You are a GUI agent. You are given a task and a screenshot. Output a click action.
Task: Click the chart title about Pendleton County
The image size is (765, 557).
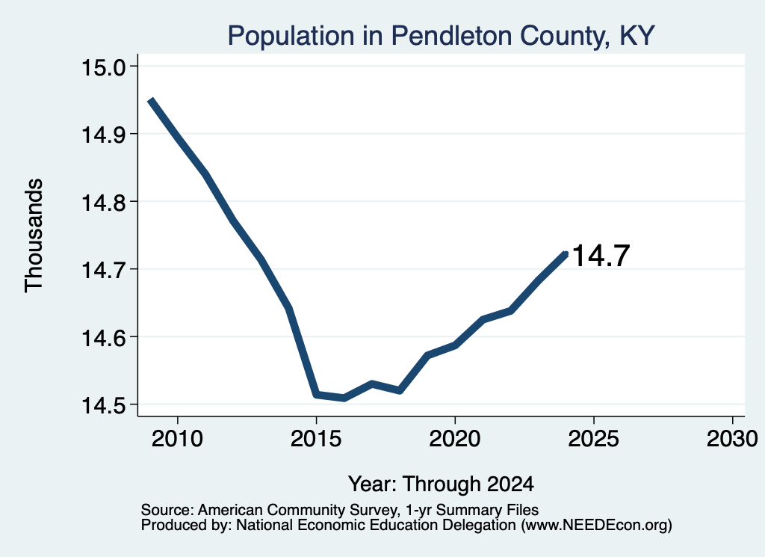441,36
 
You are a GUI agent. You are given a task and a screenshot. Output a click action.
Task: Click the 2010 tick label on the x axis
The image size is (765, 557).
177,439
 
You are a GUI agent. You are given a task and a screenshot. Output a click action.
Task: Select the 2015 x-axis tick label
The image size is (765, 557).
316,439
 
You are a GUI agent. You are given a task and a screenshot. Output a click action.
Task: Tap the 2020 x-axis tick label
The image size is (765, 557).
455,439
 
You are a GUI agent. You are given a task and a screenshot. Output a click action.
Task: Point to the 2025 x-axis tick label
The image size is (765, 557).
594,439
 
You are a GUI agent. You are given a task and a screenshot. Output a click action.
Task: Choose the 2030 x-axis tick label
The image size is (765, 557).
732,439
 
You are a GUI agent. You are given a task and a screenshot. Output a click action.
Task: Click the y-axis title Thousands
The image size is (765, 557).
34,236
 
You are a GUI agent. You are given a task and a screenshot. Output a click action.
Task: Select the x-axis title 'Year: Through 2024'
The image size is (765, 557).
441,484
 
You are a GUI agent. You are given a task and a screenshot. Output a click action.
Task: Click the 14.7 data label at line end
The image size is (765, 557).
601,256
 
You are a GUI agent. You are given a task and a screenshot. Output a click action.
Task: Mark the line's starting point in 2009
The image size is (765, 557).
151,100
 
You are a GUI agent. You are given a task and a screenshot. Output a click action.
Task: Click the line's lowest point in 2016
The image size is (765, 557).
344,398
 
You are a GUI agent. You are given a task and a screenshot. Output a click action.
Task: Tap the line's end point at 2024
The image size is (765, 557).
566,253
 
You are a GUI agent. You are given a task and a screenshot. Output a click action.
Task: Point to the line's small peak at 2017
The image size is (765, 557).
372,384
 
